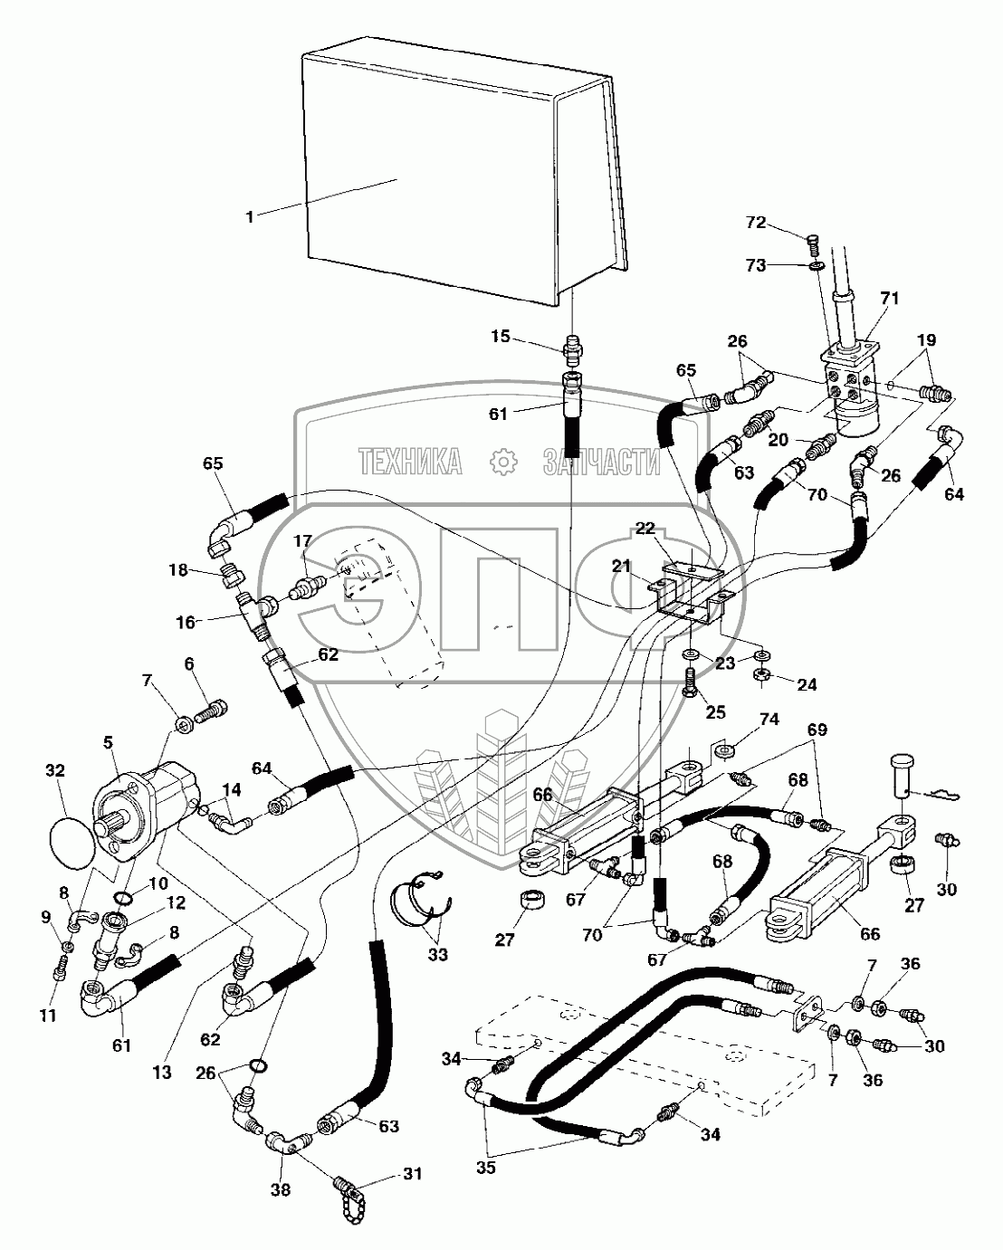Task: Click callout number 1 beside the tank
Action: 250,216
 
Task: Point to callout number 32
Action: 55,771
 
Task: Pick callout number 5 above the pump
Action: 108,741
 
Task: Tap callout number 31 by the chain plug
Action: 413,1176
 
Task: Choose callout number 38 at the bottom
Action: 282,1189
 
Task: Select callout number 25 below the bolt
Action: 715,713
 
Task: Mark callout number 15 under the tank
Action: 501,337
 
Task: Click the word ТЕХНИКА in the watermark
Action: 410,462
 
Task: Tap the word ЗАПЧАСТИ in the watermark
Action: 601,462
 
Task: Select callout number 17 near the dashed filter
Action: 302,541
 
